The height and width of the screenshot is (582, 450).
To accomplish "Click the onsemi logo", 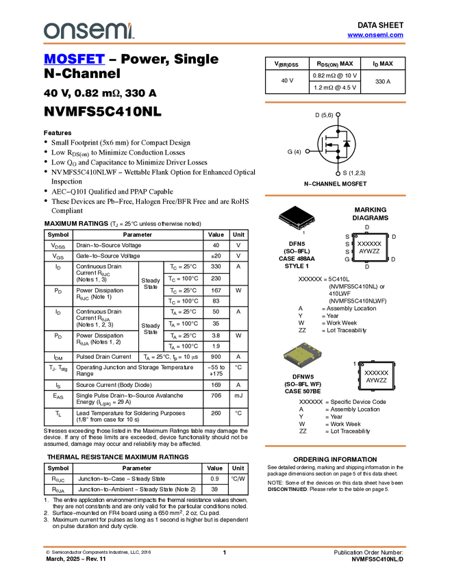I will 88,31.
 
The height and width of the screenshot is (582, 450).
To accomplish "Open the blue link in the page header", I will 375,35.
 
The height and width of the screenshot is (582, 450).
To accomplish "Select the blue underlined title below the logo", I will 74,60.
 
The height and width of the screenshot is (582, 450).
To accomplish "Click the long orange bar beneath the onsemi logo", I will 224,44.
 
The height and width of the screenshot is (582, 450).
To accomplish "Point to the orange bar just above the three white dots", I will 335,103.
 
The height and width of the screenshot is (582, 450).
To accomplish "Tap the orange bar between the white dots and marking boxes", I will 335,196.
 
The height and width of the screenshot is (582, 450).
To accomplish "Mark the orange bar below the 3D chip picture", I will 335,446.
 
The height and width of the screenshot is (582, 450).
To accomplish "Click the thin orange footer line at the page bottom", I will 224,546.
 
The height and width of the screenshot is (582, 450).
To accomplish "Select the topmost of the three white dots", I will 338,114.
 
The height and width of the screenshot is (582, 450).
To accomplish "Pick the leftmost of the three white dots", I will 308,151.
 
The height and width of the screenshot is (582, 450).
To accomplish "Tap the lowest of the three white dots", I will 338,174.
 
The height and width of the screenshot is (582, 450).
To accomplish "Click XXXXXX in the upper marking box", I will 370,244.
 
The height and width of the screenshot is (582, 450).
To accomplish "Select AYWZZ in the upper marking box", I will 370,252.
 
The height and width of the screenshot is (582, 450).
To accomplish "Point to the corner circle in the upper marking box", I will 356,237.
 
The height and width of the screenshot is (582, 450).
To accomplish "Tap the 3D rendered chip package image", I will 303,355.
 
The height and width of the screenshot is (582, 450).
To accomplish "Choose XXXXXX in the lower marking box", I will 377,373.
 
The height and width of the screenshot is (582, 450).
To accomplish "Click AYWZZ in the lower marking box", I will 377,381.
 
